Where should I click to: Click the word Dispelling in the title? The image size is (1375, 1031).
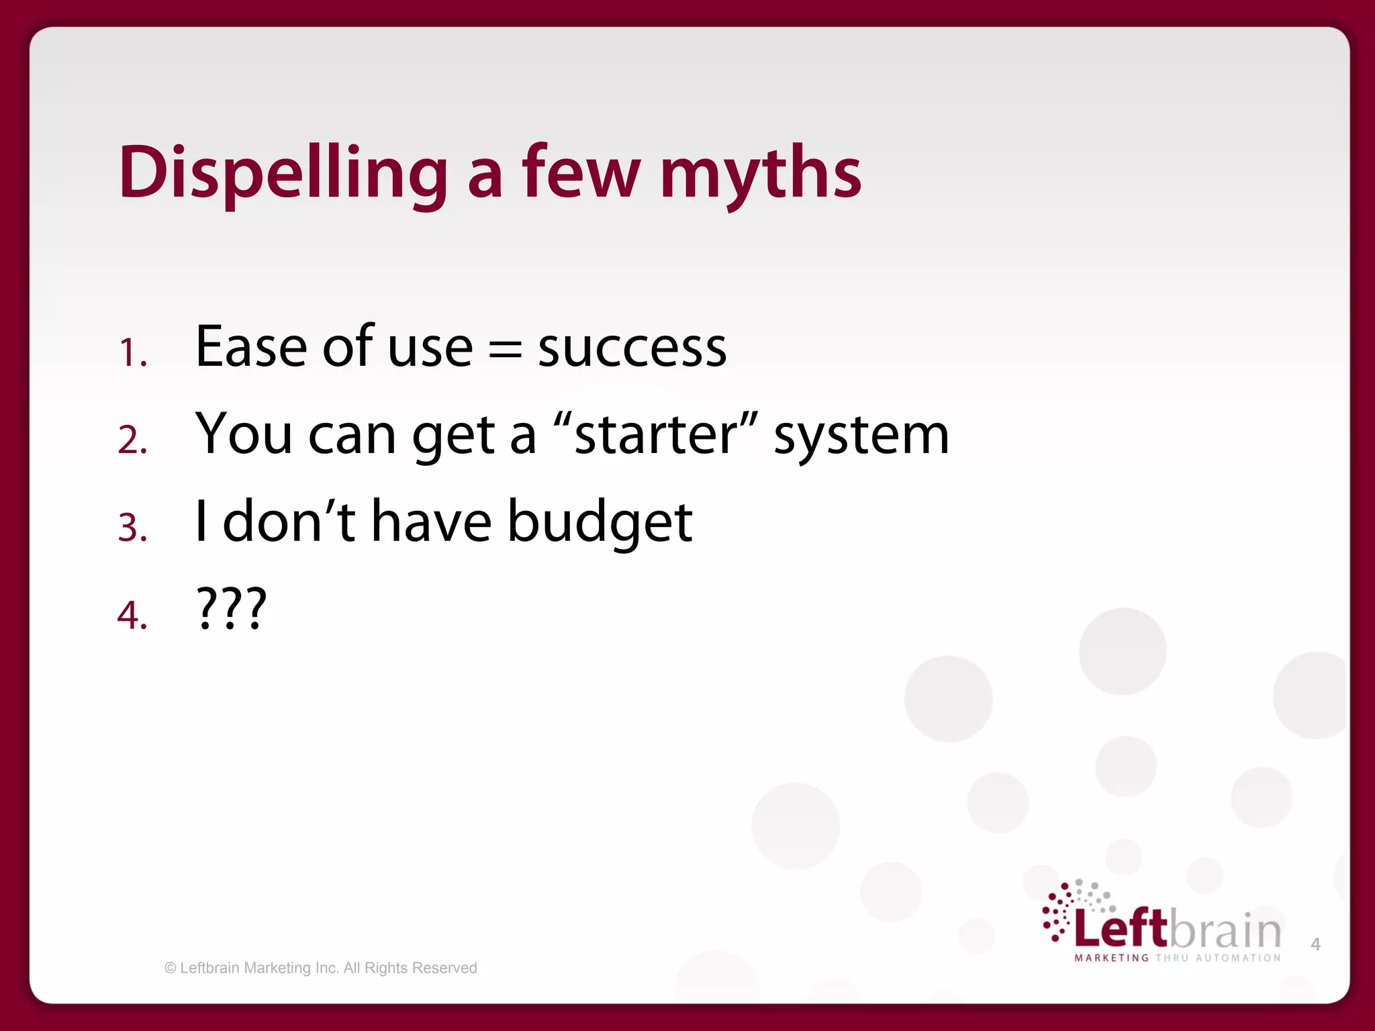pos(283,173)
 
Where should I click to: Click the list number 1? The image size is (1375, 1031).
pos(132,353)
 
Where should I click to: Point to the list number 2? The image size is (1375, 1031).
pos(132,440)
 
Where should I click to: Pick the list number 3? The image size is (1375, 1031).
pos(132,528)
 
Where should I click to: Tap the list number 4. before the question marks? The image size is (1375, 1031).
pos(132,615)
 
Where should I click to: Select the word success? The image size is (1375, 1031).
pos(632,349)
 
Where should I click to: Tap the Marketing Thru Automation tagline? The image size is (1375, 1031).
pos(1177,958)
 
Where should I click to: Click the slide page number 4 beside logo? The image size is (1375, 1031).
pos(1315,944)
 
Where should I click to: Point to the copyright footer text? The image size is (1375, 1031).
pos(321,968)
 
